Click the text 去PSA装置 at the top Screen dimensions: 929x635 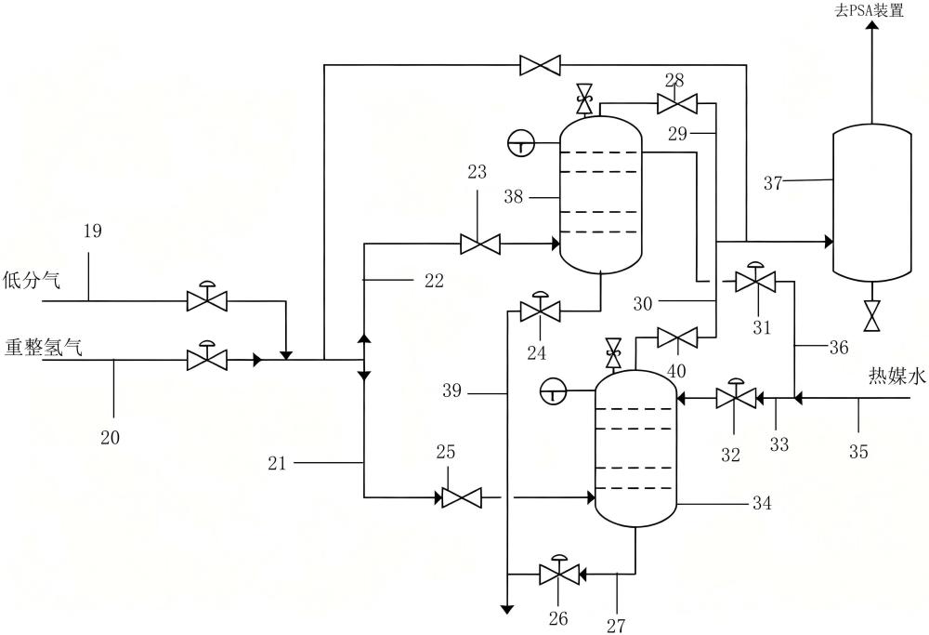coord(870,10)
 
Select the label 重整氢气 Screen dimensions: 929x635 coord(44,347)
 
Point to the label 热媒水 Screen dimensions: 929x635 coord(896,376)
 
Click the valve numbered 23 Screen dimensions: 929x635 coord(480,244)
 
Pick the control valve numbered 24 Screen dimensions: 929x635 coord(541,307)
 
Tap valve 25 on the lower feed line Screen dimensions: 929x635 coord(462,497)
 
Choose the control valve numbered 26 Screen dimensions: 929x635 coord(559,570)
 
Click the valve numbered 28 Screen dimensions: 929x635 coord(677,104)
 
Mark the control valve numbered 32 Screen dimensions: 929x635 coord(736,393)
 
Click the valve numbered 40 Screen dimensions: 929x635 coord(677,338)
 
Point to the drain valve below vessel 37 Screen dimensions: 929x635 coord(871,316)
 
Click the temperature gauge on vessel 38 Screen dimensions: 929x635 coord(521,143)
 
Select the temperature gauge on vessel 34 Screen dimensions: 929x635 coord(554,390)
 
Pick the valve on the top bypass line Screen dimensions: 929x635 coord(541,65)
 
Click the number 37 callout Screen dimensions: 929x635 coord(773,183)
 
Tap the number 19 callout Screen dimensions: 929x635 coord(92,230)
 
